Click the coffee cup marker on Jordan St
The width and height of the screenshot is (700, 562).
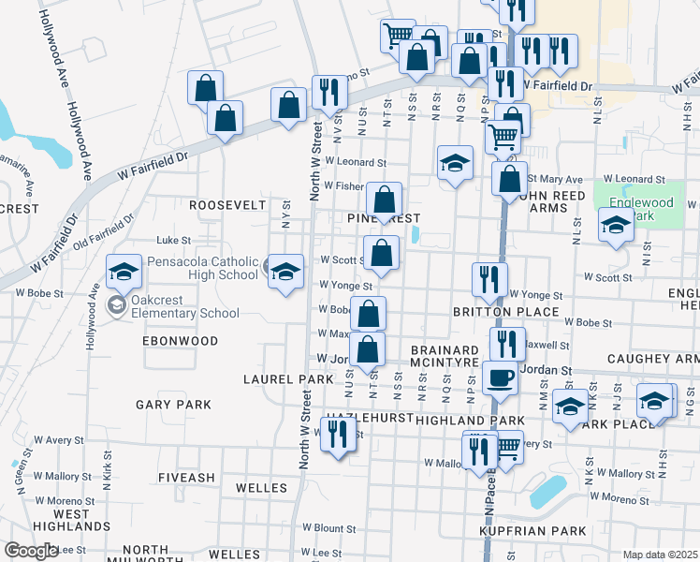(x=501, y=377)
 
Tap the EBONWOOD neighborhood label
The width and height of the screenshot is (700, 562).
(x=180, y=341)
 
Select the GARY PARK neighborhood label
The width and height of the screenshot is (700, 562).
(x=173, y=405)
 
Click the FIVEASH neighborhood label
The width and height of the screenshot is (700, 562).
(x=186, y=477)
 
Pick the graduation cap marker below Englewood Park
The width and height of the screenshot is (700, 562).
(x=616, y=225)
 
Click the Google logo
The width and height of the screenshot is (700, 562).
(x=30, y=551)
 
